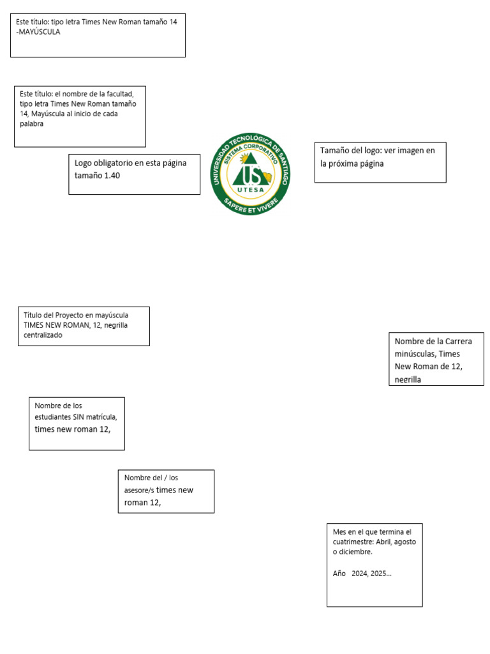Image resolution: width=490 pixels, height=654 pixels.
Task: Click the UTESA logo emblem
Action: click(x=250, y=174)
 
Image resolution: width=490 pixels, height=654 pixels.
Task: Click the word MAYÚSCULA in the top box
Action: click(x=40, y=32)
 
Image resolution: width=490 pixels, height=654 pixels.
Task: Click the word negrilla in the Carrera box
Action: click(x=408, y=380)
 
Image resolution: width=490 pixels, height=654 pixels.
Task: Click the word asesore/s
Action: click(x=139, y=490)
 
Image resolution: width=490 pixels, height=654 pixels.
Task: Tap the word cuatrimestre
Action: click(x=355, y=542)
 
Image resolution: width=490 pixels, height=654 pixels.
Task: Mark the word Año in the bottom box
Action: click(x=339, y=574)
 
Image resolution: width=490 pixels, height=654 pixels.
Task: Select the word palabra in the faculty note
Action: click(x=32, y=124)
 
